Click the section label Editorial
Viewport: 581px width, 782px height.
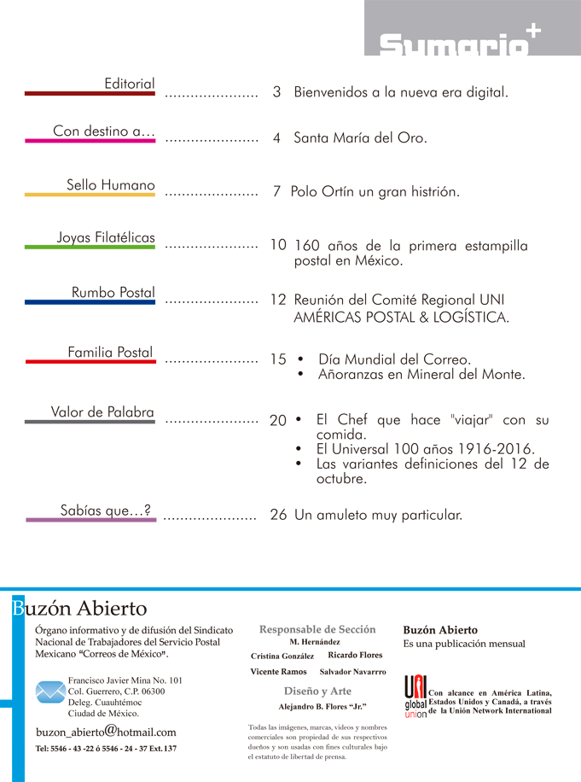[x=129, y=84]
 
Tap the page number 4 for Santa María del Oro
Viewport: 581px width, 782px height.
[x=276, y=137]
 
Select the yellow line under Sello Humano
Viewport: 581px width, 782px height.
[x=90, y=195]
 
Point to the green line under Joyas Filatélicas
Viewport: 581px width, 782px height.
[x=90, y=248]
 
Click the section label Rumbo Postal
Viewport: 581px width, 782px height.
[x=113, y=293]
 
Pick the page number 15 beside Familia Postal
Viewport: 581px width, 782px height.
[x=278, y=359]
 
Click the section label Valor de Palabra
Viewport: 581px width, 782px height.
[x=102, y=412]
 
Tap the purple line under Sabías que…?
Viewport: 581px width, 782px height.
[x=90, y=519]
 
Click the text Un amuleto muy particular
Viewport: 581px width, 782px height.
[x=378, y=515]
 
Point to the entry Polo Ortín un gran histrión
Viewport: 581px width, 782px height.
[x=375, y=191]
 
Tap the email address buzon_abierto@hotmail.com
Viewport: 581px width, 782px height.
[x=106, y=732]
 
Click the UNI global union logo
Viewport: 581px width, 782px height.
[x=415, y=696]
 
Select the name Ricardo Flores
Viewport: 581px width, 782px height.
[x=355, y=656]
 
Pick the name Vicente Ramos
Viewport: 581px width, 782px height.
[x=278, y=673]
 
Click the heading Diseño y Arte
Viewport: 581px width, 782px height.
[x=317, y=691]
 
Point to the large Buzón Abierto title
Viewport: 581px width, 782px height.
[x=80, y=609]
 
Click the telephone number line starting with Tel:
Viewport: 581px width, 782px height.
[x=106, y=749]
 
